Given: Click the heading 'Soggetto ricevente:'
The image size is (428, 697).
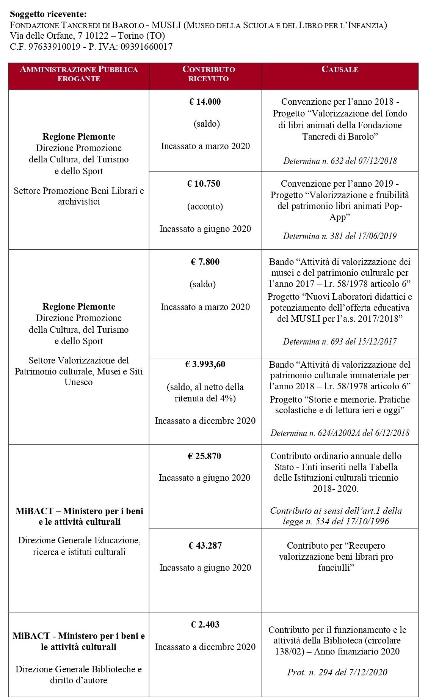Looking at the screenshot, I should click(48, 14).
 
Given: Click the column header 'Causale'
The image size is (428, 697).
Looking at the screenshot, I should click(340, 69).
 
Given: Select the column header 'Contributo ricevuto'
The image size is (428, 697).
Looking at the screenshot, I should click(209, 74).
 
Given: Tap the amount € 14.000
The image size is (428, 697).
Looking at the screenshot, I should click(205, 102).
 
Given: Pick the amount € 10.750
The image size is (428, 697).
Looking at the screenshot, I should click(204, 184).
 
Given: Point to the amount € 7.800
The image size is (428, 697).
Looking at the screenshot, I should click(205, 262).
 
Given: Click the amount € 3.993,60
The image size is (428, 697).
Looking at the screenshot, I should click(205, 364).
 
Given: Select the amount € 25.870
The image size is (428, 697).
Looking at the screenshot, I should click(204, 456).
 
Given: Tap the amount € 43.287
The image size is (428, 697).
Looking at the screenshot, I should click(205, 546).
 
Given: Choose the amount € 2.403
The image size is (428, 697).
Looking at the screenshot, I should click(205, 625).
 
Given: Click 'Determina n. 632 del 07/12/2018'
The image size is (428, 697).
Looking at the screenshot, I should click(340, 161).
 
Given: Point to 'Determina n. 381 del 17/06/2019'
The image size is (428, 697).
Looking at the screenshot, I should click(340, 236).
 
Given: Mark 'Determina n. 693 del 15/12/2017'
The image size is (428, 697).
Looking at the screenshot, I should click(340, 341).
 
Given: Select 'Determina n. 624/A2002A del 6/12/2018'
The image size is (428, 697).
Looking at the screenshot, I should click(340, 433).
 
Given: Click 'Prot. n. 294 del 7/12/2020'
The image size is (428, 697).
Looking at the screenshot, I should click(337, 672).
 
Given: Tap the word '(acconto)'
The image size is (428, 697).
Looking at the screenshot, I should click(205, 206).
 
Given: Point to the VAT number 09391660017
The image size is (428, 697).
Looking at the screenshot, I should click(146, 47).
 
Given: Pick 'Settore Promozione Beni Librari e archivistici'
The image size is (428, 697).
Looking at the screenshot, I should click(79, 196).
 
